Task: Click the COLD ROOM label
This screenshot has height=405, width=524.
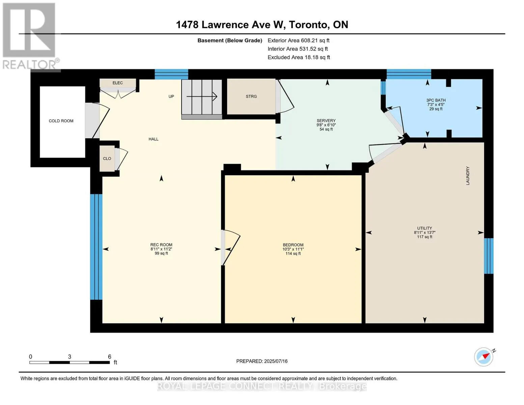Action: coord(61,121)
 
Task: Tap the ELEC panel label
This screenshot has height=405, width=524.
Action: coord(118,83)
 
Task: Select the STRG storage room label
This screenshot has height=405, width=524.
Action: coord(251,96)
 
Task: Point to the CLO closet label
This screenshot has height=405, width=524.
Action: coord(107,159)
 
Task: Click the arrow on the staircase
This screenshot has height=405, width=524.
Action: coord(202,97)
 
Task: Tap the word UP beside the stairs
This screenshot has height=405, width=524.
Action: coord(171,97)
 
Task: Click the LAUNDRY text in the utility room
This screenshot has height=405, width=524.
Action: coord(468,175)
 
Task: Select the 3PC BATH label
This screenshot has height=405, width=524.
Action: coord(436,100)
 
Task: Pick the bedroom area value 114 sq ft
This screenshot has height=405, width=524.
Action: coord(293,253)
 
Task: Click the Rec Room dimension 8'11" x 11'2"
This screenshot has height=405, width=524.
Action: coord(161,249)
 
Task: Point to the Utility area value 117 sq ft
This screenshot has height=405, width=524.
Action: coord(425,237)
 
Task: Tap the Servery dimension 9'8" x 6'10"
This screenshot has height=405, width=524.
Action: coord(326,125)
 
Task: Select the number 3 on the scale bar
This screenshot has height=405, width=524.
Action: coord(70,356)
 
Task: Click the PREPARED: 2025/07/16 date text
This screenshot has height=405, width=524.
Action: coord(262,361)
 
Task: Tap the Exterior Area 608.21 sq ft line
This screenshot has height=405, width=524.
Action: coord(299,40)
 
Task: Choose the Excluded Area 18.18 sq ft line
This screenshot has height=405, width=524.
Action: coord(299,57)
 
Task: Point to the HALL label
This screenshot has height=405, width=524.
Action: coord(154,139)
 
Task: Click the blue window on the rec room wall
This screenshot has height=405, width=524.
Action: coord(96,247)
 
